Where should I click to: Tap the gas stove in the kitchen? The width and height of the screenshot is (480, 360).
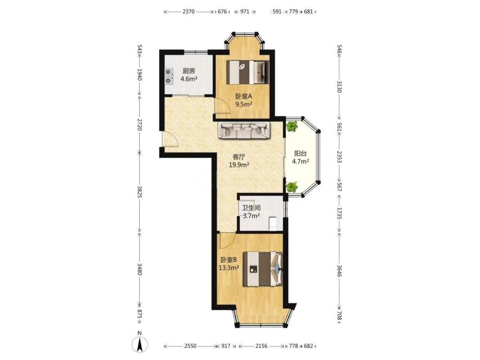(168, 76)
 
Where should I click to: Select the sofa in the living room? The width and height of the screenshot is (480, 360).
(244, 130)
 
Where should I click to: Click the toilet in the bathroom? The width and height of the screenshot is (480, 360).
(273, 224)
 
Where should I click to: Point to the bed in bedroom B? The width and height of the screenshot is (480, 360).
(263, 269)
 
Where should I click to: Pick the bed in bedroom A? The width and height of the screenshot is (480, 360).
(248, 72)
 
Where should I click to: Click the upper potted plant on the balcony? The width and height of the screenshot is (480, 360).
(292, 126)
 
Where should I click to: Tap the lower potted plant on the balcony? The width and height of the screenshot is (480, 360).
(292, 187)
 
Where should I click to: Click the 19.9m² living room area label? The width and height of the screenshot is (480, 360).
(239, 165)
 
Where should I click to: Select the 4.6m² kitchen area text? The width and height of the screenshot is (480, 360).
(189, 79)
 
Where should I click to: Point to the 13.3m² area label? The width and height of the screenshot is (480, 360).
(228, 268)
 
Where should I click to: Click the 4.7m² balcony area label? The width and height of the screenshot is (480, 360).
(300, 161)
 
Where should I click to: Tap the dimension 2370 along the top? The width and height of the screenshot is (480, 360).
(189, 12)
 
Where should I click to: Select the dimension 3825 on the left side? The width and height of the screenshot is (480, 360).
(139, 192)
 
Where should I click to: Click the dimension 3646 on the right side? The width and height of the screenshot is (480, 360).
(339, 271)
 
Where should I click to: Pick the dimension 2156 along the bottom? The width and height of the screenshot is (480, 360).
(261, 346)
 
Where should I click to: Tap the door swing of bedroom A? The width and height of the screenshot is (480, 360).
(222, 106)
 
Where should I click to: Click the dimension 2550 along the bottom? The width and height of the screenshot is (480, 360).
(191, 346)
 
